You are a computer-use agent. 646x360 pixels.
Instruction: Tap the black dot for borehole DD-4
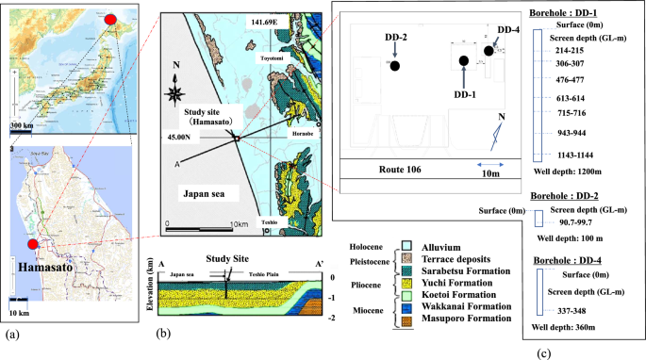click(x=489, y=50)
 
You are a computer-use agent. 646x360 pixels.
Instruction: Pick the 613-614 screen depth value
click(x=571, y=98)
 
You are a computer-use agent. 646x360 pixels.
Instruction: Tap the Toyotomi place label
click(x=274, y=57)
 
